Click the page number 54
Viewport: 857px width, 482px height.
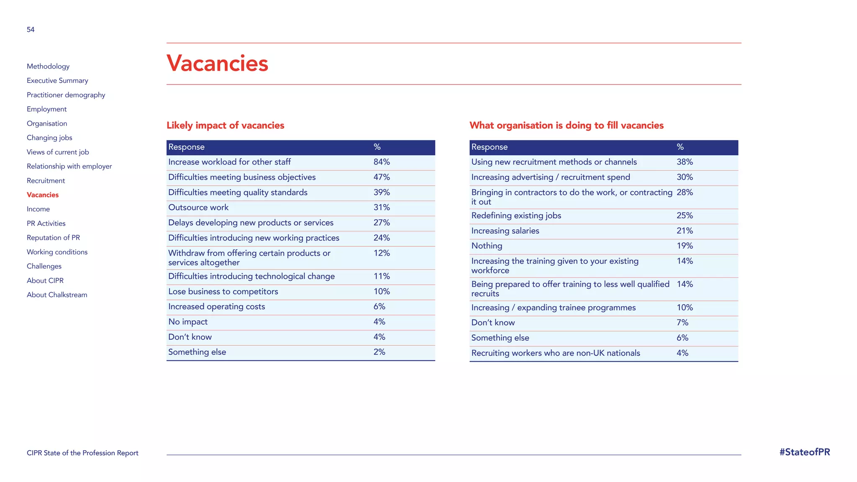click(x=31, y=30)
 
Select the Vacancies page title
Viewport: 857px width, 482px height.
click(x=217, y=64)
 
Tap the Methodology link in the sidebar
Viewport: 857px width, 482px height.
click(x=48, y=66)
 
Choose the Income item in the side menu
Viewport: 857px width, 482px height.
click(x=38, y=209)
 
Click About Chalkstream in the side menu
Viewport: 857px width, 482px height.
click(x=57, y=295)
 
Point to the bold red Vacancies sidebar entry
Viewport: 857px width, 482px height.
click(x=43, y=195)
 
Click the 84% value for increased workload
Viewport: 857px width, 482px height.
click(x=381, y=162)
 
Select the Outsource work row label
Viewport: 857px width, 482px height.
click(x=198, y=208)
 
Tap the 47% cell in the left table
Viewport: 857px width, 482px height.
click(x=381, y=177)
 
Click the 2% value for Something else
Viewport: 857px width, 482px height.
click(x=379, y=352)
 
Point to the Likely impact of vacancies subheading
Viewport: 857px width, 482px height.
click(x=225, y=126)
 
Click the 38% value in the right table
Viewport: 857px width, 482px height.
click(x=685, y=162)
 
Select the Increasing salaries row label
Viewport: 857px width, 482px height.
click(x=505, y=231)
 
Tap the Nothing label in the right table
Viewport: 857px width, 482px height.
click(x=487, y=246)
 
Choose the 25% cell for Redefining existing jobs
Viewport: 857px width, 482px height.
click(x=685, y=215)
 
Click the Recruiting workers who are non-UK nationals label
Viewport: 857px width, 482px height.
click(x=555, y=353)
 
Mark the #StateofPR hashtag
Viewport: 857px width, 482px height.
click(x=804, y=452)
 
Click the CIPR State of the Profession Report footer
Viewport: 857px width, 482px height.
click(x=82, y=453)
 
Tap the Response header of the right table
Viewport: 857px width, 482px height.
click(x=489, y=147)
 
